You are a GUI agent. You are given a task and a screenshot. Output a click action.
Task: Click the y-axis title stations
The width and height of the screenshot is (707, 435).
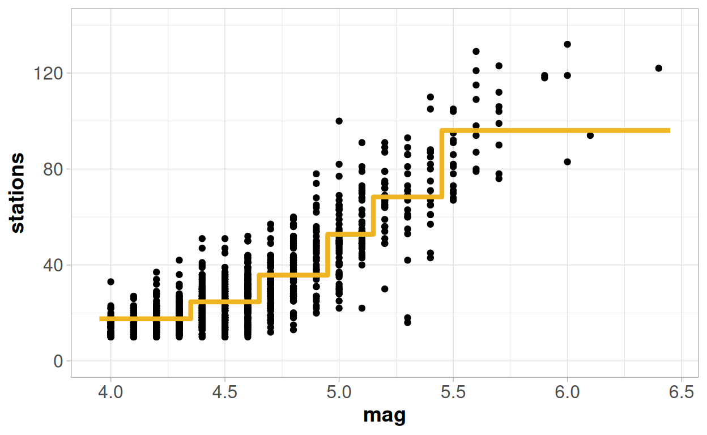pos(18,192)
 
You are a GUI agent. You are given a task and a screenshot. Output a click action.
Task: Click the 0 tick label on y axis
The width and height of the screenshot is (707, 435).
pos(58,361)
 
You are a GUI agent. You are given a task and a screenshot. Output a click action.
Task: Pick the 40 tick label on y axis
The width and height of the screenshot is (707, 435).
pos(54,265)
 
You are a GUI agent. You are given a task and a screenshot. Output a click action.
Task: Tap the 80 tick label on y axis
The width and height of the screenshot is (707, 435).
pos(54,169)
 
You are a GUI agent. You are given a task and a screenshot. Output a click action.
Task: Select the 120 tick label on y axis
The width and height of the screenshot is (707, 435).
pos(50,74)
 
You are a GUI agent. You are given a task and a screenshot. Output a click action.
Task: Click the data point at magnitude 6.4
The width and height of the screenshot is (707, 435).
pos(658,68)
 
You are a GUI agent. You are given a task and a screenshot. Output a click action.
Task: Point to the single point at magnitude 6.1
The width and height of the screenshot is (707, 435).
pos(590,135)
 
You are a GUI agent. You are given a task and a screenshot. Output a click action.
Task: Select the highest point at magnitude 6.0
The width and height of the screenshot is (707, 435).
pos(567,44)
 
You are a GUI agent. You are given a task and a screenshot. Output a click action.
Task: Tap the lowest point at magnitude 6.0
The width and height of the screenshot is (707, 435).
pos(567,161)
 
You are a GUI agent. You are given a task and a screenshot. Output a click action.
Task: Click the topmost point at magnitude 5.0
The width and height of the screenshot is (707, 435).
pos(339,121)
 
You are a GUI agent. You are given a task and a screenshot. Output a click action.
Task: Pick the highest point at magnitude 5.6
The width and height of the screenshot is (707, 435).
pos(476,52)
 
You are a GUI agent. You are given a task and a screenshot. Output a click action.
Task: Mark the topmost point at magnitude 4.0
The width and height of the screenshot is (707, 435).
pos(110,282)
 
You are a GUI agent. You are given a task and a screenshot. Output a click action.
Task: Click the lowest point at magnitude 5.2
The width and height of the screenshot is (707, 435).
pos(385,289)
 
